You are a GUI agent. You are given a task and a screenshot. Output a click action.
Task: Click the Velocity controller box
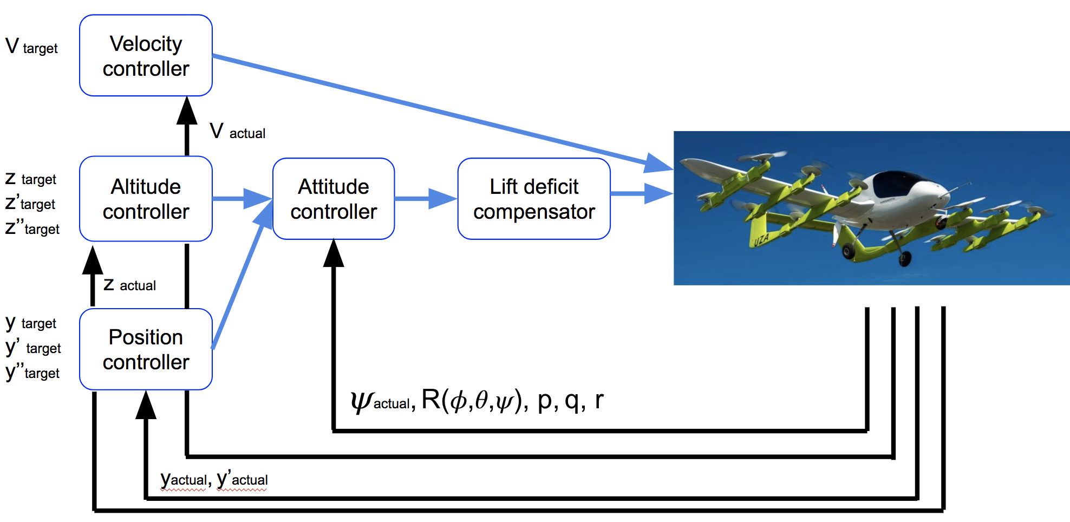click(146, 56)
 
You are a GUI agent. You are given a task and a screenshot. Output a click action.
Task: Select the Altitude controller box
click(146, 199)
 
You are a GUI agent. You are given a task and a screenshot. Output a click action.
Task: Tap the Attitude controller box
click(334, 199)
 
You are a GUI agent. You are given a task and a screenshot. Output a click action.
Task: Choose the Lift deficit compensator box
click(534, 199)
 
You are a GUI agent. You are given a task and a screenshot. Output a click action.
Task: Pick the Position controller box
click(146, 349)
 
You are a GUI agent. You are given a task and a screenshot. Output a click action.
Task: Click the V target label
click(31, 47)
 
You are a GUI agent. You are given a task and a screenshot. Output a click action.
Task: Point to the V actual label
click(238, 132)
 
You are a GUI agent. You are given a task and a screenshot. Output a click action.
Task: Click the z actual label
click(130, 284)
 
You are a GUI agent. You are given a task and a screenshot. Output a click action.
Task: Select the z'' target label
click(32, 228)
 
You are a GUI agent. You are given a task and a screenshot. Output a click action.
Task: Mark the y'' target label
click(32, 373)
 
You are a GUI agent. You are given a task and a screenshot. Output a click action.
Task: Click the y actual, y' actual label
click(214, 479)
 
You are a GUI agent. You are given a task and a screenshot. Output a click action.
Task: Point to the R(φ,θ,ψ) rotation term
click(474, 400)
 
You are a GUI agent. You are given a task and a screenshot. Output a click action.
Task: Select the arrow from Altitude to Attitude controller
click(242, 199)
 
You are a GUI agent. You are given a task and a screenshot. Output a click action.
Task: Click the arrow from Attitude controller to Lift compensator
click(426, 199)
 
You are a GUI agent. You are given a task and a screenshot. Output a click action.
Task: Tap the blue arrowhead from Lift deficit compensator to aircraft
click(658, 193)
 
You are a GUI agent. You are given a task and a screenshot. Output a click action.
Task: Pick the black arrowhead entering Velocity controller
click(187, 110)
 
